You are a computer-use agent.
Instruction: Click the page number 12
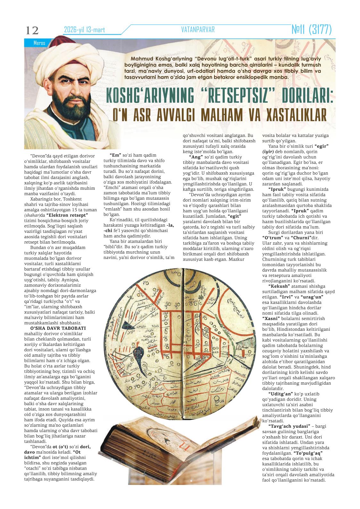tap(32, 31)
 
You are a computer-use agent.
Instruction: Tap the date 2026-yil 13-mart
tap(85, 30)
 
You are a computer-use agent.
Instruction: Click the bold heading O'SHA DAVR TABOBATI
tap(58, 328)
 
